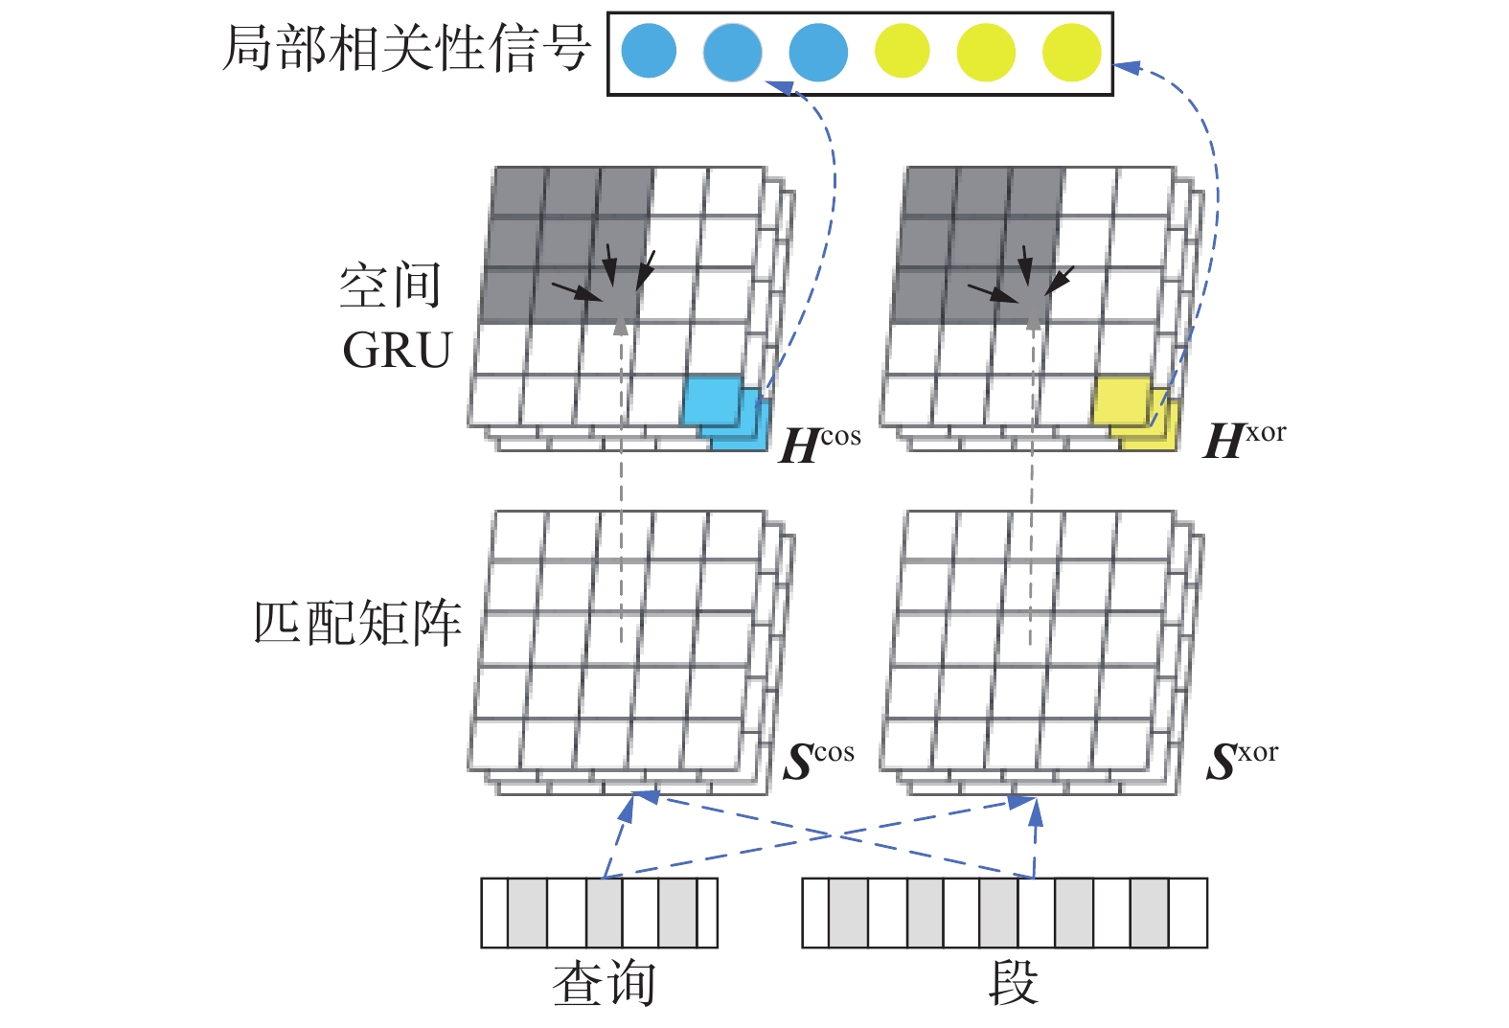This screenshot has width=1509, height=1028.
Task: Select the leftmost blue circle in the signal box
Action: pos(649,52)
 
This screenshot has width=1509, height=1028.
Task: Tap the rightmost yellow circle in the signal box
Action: pos(1072,52)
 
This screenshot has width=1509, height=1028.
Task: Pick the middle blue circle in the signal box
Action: pos(733,52)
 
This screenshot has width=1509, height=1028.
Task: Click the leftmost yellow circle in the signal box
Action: pos(902,52)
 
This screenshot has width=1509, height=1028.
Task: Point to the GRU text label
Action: pos(397,351)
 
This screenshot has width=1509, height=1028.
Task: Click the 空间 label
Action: pos(390,286)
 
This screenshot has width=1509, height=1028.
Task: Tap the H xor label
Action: pos(1244,441)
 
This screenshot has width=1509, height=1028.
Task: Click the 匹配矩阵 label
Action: pos(357,623)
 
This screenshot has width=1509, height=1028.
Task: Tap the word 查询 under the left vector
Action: pos(604,984)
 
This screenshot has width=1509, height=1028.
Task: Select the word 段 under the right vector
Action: pos(1013,983)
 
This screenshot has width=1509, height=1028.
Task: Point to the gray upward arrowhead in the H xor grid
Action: pos(1033,319)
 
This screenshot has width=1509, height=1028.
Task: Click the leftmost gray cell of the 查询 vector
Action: pos(527,913)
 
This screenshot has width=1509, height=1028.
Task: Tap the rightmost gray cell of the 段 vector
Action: pos(1149,913)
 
